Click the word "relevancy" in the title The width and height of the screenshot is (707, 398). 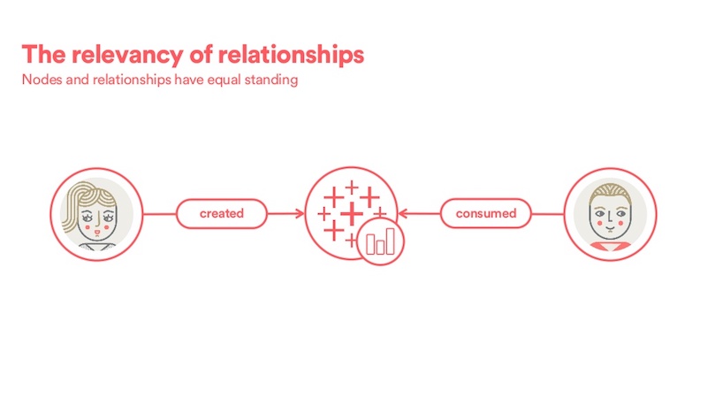(127, 56)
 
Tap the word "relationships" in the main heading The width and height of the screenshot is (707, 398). (291, 55)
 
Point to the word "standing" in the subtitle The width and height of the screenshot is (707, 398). (271, 80)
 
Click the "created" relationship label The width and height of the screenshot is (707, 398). (222, 213)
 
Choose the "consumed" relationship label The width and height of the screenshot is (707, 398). (486, 213)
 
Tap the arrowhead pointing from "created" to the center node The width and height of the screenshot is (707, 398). (300, 213)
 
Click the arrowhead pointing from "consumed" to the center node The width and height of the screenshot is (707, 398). (403, 213)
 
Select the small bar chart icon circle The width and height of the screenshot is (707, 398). (380, 241)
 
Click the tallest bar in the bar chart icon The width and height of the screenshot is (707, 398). (390, 241)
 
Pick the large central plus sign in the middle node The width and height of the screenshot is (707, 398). (352, 214)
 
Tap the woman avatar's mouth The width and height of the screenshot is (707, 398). (97, 233)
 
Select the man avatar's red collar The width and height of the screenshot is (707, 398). (611, 246)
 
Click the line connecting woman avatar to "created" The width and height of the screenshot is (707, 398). (160, 214)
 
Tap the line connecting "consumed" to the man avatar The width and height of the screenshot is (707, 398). (548, 214)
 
